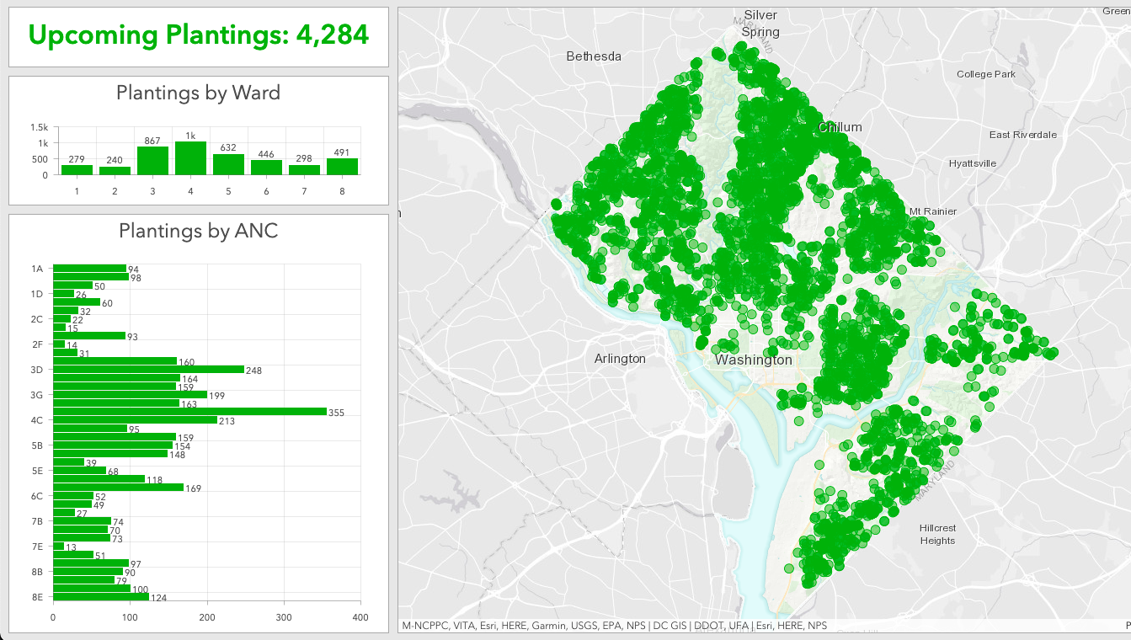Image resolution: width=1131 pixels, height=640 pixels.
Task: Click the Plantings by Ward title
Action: click(x=198, y=93)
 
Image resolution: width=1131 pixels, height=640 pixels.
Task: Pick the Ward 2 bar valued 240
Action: click(x=115, y=170)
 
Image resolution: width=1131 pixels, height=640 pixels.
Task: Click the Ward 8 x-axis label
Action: click(x=343, y=191)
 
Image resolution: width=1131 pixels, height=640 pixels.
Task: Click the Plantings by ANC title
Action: click(x=198, y=231)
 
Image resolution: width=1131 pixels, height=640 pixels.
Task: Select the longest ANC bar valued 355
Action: click(x=189, y=412)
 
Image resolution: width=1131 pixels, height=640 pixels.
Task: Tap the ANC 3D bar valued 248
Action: click(x=148, y=370)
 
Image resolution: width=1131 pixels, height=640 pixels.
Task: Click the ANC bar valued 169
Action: click(x=118, y=488)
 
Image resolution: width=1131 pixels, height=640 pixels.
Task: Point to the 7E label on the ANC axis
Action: click(x=37, y=547)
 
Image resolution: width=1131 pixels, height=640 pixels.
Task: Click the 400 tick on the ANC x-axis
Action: click(x=360, y=617)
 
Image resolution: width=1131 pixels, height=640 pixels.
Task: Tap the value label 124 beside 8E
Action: click(x=158, y=599)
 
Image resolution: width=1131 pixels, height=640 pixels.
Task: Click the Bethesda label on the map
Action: click(x=594, y=56)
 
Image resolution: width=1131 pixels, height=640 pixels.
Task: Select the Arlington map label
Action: click(x=620, y=359)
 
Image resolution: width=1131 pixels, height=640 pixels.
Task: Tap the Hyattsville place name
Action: click(x=972, y=163)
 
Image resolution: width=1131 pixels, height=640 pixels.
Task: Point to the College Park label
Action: click(x=985, y=74)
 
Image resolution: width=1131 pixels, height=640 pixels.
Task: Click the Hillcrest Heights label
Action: click(x=937, y=535)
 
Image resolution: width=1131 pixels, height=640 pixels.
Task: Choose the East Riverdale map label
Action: click(x=1022, y=135)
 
